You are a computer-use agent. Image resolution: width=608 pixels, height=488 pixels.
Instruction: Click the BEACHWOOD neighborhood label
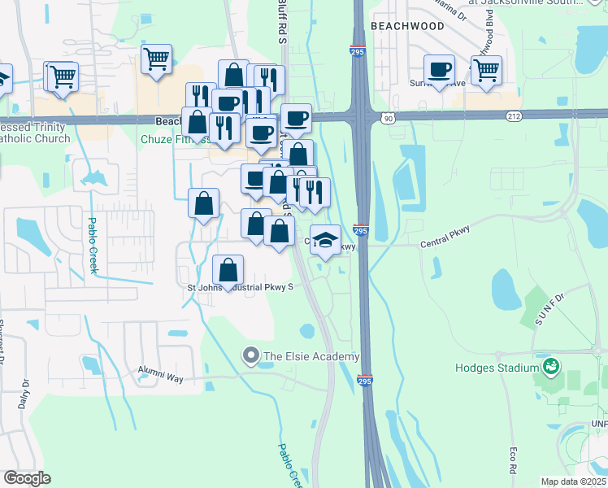click(x=407, y=26)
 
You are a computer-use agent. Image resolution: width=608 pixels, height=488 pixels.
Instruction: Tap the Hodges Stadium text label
click(x=498, y=368)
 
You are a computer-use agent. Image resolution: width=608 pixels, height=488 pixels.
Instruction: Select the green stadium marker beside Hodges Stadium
click(x=552, y=367)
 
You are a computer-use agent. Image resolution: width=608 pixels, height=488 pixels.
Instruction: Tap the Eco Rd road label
click(x=514, y=458)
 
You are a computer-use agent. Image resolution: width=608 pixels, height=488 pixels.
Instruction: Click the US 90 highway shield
click(x=389, y=119)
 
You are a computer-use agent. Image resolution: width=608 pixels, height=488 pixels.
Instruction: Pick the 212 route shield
click(x=513, y=116)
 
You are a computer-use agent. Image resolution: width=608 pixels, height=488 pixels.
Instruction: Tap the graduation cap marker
click(x=325, y=240)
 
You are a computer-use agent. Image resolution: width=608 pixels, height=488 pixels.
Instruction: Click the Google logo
click(x=27, y=478)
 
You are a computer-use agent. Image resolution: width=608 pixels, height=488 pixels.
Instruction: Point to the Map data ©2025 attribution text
click(x=574, y=481)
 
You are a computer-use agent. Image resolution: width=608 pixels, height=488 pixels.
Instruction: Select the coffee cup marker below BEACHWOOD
click(x=439, y=68)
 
